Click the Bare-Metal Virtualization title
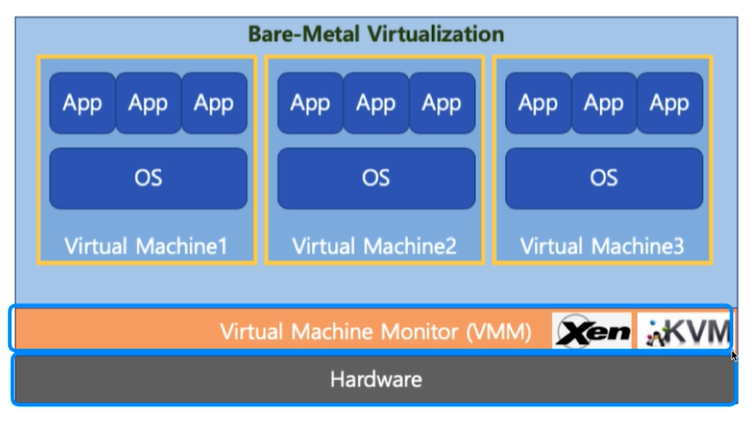(x=376, y=35)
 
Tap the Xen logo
(x=592, y=332)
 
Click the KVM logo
(x=685, y=332)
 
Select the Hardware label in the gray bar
(x=376, y=378)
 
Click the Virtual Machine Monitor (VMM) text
(x=375, y=332)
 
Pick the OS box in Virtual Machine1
(x=148, y=177)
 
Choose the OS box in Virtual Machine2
(x=376, y=177)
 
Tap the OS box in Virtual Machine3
(x=603, y=177)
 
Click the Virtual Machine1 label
(x=146, y=246)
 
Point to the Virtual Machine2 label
(x=374, y=246)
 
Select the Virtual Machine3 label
(x=602, y=246)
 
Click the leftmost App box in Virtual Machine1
(x=82, y=103)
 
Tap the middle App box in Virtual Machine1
(x=148, y=103)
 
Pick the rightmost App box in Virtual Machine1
(x=214, y=103)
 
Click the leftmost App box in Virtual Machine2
(x=310, y=103)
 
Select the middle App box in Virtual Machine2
(x=376, y=103)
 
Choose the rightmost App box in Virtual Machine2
(x=442, y=103)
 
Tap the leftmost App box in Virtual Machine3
(x=538, y=103)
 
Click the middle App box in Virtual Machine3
(x=603, y=103)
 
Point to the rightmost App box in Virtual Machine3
(x=669, y=103)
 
